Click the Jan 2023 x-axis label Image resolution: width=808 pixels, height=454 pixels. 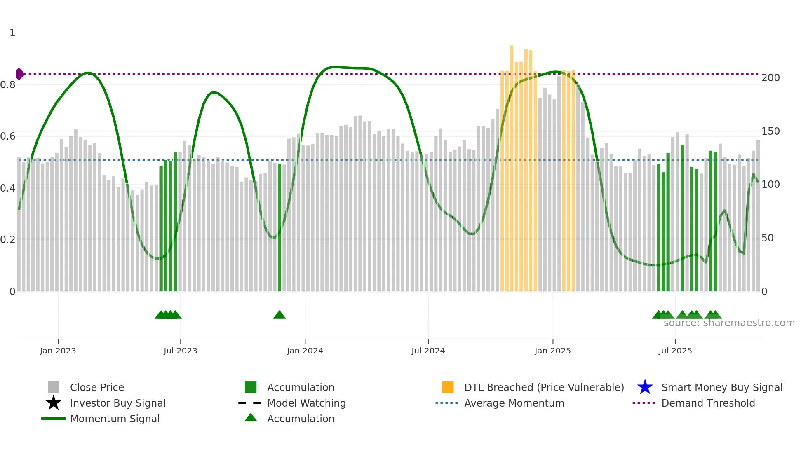58,351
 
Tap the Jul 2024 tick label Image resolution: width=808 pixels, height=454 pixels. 428,351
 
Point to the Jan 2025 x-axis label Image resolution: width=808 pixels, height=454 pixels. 552,351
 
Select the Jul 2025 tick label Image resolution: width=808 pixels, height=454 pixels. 675,351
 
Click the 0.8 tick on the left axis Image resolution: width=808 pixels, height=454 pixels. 8,85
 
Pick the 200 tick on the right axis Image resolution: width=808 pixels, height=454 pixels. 770,78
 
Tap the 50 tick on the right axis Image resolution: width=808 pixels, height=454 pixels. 768,238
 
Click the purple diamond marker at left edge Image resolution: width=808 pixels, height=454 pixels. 20,74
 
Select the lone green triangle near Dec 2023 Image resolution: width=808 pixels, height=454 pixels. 280,315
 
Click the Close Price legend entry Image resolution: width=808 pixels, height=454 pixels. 97,387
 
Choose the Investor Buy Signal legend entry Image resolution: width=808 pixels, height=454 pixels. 117,403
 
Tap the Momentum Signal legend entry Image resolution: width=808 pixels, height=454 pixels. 115,419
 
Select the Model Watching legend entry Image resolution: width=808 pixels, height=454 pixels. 306,403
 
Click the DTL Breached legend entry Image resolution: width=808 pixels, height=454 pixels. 544,387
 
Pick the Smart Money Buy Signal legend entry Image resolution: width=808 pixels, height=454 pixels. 722,387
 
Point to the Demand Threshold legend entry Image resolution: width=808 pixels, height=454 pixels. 708,403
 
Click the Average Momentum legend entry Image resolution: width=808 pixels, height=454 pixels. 514,403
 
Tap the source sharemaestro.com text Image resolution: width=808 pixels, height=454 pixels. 729,323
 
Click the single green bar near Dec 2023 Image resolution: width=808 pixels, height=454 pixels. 280,227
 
